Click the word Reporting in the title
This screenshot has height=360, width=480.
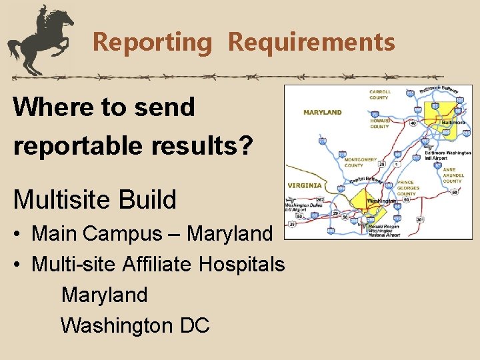(151, 42)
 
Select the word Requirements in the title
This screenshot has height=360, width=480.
(311, 42)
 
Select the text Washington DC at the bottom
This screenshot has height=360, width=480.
(135, 325)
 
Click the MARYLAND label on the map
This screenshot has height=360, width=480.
(322, 113)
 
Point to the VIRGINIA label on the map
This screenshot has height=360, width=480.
(304, 185)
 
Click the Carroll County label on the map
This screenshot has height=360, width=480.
(379, 94)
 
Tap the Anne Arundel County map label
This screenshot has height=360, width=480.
(452, 175)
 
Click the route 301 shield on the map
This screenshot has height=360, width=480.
(419, 219)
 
